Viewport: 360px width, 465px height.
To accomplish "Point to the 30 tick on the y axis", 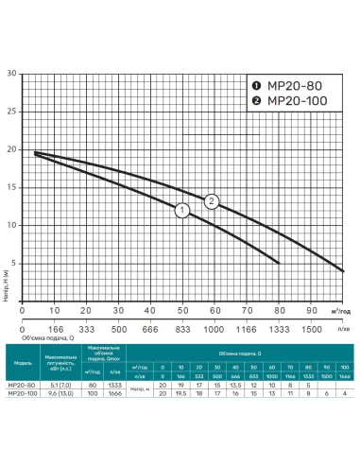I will pyautogui.click(x=12, y=73).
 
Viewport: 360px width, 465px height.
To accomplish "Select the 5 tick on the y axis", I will pyautogui.click(x=14, y=262).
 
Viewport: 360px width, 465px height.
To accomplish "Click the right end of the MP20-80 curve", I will pyautogui.click(x=279, y=263).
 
